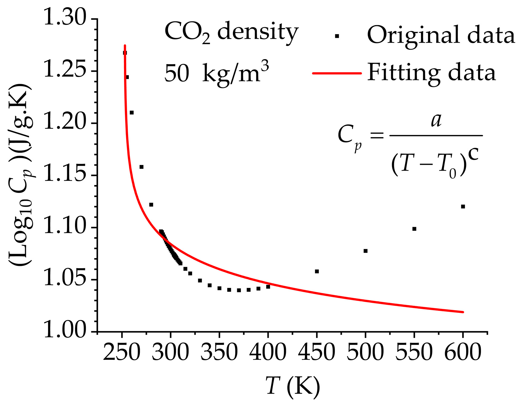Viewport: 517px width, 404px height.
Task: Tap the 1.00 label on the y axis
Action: (x=65, y=330)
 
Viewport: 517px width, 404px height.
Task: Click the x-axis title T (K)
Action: (x=293, y=386)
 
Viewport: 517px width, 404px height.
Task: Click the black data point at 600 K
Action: (x=463, y=207)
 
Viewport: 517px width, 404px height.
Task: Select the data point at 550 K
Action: (x=414, y=229)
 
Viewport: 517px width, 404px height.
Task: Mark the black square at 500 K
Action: (x=365, y=251)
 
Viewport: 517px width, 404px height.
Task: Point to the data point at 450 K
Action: (x=317, y=271)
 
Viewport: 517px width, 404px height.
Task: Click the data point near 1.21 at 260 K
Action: (x=132, y=113)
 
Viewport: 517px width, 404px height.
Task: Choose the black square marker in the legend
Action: (x=337, y=36)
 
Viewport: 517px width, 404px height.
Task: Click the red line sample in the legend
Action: (x=337, y=73)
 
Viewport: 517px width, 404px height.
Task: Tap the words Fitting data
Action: (x=431, y=73)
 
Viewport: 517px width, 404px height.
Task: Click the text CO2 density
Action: (x=231, y=33)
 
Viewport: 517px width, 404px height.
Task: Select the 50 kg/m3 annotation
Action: (x=217, y=73)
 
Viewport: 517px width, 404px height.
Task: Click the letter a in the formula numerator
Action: (x=436, y=120)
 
